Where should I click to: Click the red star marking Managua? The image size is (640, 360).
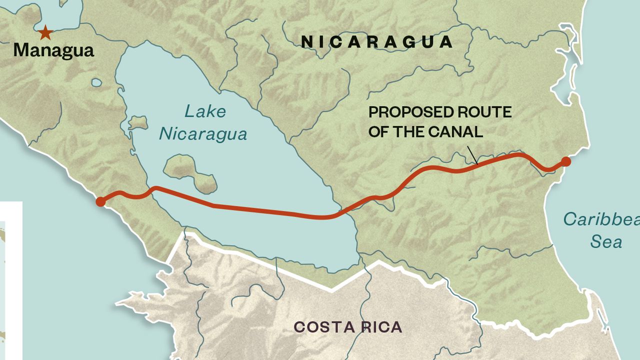pos(45,33)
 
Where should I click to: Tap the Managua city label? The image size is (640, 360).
pos(53,50)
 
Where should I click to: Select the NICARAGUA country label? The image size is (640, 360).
pos(377,42)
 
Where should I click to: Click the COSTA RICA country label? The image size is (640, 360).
pos(347,327)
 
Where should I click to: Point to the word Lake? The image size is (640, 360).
pos(205,111)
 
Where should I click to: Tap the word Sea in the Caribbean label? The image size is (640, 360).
pos(606,242)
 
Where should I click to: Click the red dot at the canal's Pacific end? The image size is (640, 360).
pos(100,202)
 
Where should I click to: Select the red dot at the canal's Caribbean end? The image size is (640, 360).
pos(565,161)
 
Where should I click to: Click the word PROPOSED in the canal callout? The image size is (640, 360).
pos(403,112)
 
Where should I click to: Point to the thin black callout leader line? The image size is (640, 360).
pos(472,155)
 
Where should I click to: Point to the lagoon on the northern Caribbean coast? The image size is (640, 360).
pos(565,75)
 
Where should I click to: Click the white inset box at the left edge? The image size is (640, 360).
pos(10,280)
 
